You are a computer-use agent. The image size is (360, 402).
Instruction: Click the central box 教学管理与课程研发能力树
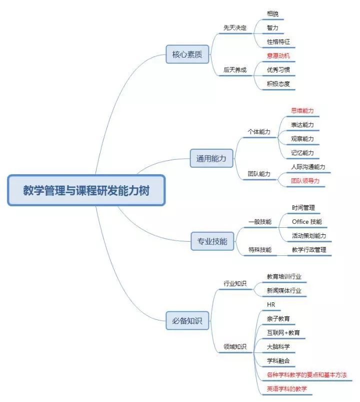[x=86, y=190]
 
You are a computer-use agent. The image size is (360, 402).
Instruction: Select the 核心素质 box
[x=187, y=55]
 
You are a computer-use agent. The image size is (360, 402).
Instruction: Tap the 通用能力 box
[x=211, y=158]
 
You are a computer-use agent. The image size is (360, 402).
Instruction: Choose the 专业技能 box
[x=212, y=241]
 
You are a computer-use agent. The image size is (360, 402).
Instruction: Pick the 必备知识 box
[x=187, y=321]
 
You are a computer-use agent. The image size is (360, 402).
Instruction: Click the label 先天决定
[x=235, y=28]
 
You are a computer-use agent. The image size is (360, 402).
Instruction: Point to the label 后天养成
[x=235, y=70]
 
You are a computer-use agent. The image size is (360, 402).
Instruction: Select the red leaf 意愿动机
[x=278, y=56]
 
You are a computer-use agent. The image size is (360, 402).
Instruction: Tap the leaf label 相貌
[x=272, y=14]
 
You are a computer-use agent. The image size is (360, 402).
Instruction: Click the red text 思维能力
[x=302, y=111]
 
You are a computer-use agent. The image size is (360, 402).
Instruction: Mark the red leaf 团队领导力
[x=305, y=181]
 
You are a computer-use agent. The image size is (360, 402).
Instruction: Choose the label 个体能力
[x=259, y=132]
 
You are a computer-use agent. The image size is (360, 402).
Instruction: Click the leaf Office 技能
[x=307, y=222]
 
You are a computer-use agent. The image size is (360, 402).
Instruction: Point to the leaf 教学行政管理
[x=309, y=250]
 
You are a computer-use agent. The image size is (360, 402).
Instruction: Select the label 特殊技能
[x=260, y=250]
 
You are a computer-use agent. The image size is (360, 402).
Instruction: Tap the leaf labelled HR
[x=271, y=304]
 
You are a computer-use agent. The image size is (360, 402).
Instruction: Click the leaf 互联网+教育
[x=283, y=333]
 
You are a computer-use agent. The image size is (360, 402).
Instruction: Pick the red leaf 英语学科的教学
[x=287, y=389]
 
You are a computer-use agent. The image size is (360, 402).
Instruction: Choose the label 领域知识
[x=235, y=346]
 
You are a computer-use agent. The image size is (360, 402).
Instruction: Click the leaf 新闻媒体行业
[x=284, y=291]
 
